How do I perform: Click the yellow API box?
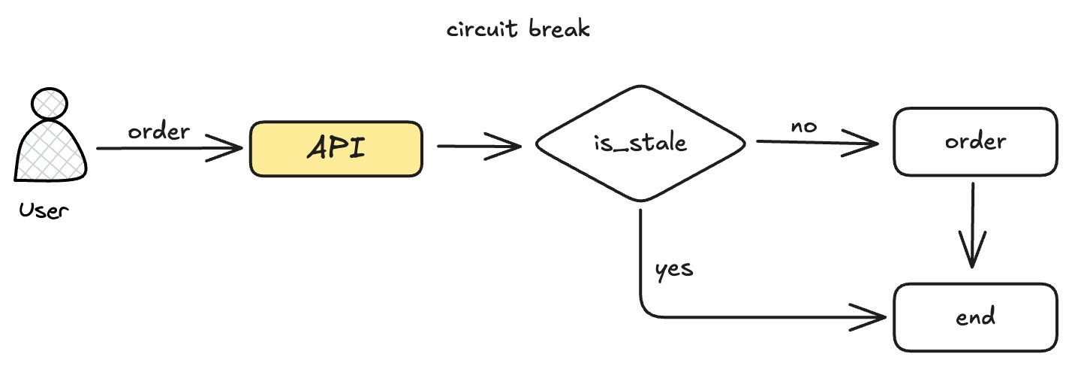(x=336, y=149)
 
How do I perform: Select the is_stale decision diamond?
(x=640, y=143)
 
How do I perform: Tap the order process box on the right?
(x=974, y=142)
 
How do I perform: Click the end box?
(x=974, y=316)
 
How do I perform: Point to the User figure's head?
(x=50, y=103)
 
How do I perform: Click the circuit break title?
(x=519, y=29)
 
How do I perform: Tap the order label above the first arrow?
(x=159, y=132)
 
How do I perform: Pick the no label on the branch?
(x=804, y=126)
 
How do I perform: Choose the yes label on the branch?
(x=674, y=268)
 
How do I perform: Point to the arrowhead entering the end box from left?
(x=871, y=316)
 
